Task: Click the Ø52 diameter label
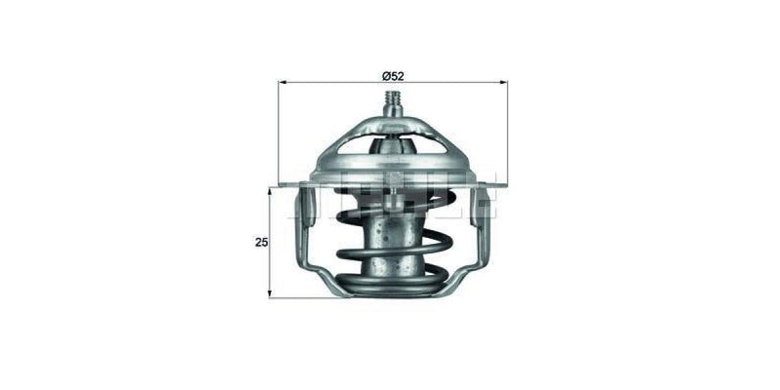pos(393,75)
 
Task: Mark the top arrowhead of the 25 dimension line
pos(271,191)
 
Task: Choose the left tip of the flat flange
pos(283,183)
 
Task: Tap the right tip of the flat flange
pos(503,182)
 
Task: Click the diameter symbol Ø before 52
pos(385,75)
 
